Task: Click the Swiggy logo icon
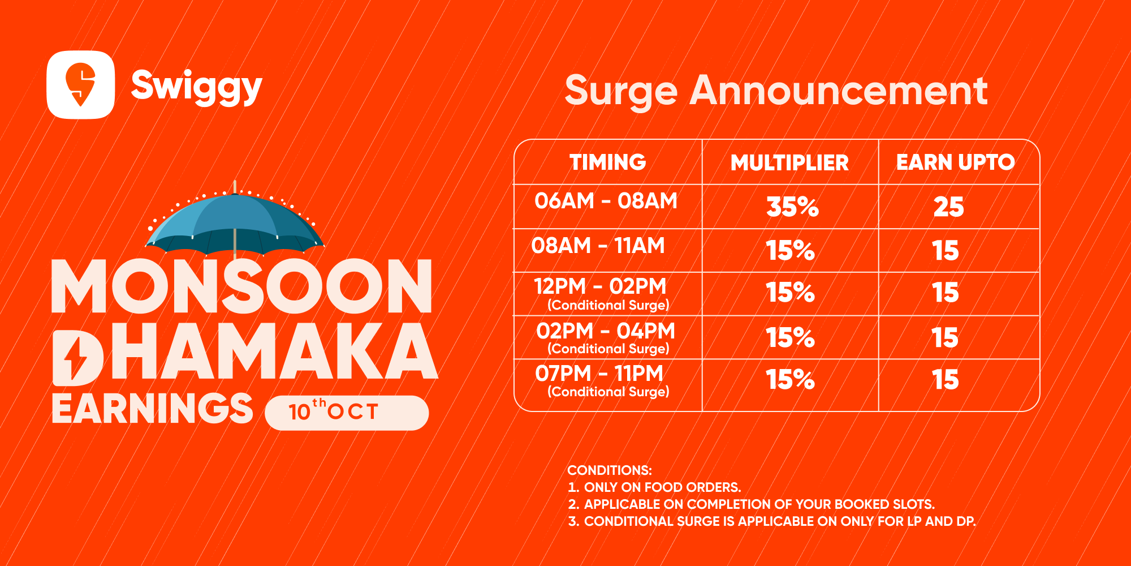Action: point(80,85)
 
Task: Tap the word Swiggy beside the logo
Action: point(197,87)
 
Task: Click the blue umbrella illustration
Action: point(235,221)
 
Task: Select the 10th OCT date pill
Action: point(347,413)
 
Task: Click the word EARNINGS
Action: point(153,408)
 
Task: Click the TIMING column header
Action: point(608,162)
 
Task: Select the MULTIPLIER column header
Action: point(790,163)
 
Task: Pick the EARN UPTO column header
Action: point(956,162)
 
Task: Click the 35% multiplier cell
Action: point(792,207)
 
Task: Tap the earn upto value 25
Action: point(948,207)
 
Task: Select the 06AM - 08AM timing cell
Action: point(606,201)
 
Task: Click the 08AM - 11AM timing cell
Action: point(598,246)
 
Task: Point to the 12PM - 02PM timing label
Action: point(600,286)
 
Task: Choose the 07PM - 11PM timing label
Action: point(599,374)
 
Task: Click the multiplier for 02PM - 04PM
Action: point(791,338)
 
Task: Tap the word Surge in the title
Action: point(621,92)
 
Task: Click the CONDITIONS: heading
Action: point(610,470)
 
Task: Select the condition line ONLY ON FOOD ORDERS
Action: point(654,487)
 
